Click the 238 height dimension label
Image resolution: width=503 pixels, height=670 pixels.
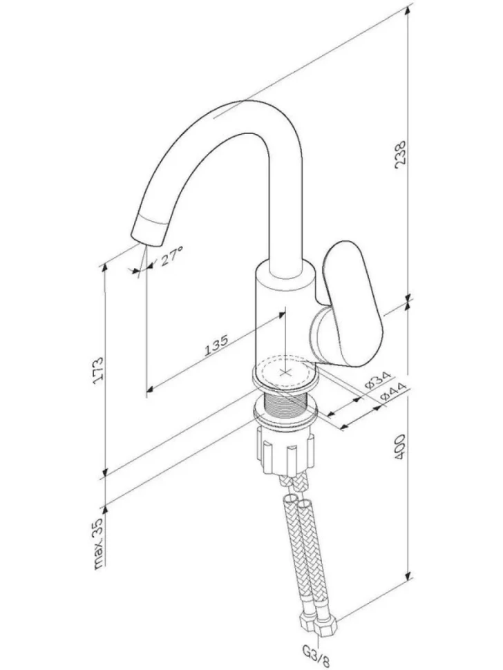click(401, 154)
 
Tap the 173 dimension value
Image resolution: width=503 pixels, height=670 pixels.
click(98, 370)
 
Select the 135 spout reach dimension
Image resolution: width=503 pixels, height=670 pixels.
click(217, 345)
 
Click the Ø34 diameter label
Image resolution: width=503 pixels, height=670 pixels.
click(378, 381)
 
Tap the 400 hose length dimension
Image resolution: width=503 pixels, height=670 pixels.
click(400, 447)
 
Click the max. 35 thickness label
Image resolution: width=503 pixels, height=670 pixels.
click(98, 544)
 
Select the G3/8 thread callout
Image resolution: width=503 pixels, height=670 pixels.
click(316, 657)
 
